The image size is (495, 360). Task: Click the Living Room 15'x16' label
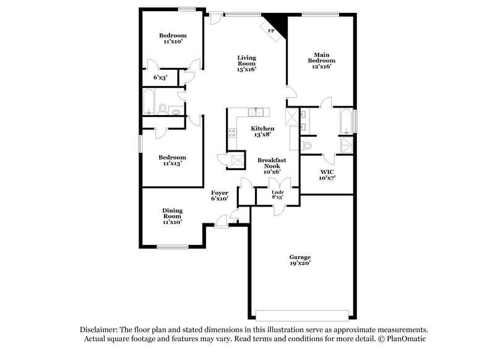pyautogui.click(x=246, y=64)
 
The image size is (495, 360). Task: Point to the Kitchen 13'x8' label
pyautogui.click(x=262, y=132)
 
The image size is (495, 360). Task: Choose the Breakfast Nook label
pyautogui.click(x=271, y=165)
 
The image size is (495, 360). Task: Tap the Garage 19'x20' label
pyautogui.click(x=300, y=260)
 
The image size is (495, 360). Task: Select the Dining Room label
pyautogui.click(x=172, y=216)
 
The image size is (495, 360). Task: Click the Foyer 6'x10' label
pyautogui.click(x=220, y=195)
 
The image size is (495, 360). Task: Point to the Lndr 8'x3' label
pyautogui.click(x=278, y=195)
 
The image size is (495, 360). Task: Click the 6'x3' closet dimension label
pyautogui.click(x=160, y=78)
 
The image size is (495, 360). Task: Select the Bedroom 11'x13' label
pyautogui.click(x=172, y=161)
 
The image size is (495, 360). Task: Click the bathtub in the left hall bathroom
pyautogui.click(x=149, y=103)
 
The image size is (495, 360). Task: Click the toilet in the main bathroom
pyautogui.click(x=308, y=145)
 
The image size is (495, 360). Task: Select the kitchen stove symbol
pyautogui.click(x=233, y=132)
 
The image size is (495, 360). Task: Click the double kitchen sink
pyautogui.click(x=256, y=112)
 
